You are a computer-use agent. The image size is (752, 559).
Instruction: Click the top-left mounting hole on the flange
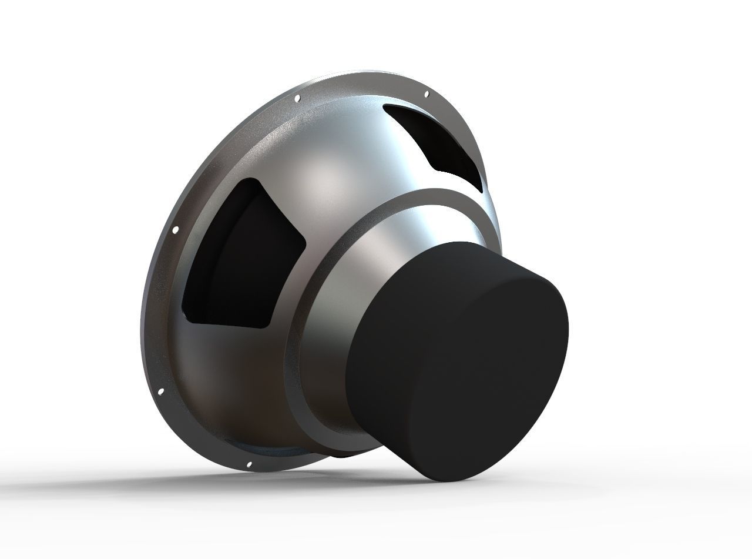pyautogui.click(x=297, y=98)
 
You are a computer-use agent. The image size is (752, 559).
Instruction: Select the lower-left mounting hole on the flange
pyautogui.click(x=160, y=390)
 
